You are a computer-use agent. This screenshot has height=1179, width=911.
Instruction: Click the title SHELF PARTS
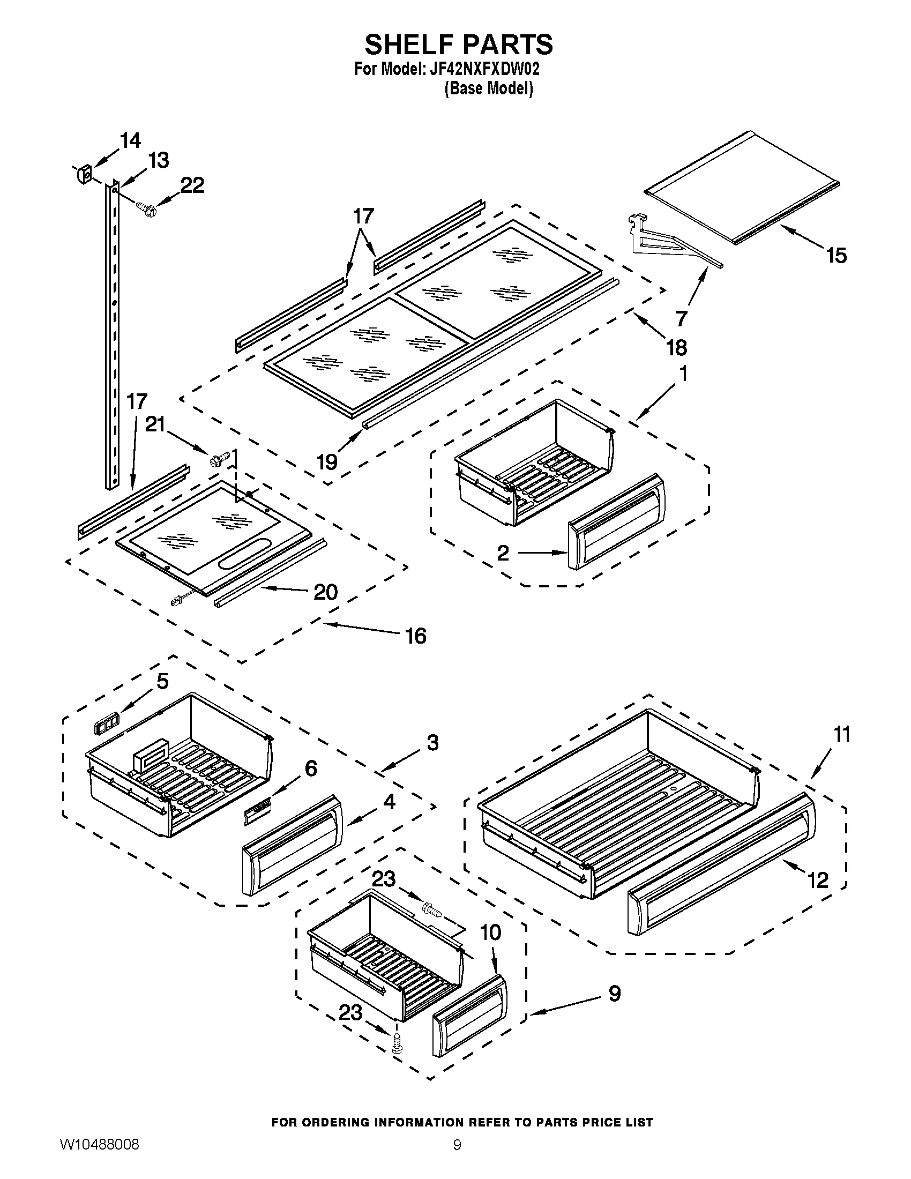pyautogui.click(x=458, y=44)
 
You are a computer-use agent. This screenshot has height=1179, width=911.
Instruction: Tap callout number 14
pyautogui.click(x=130, y=140)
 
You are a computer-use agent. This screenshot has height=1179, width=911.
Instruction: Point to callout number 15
pyautogui.click(x=836, y=255)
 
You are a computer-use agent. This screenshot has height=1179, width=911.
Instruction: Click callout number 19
pyautogui.click(x=327, y=462)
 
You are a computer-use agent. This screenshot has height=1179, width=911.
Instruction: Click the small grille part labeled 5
pyautogui.click(x=106, y=723)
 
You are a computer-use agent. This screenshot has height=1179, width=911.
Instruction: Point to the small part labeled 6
pyautogui.click(x=258, y=814)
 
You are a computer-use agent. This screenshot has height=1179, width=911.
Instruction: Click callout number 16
pyautogui.click(x=415, y=636)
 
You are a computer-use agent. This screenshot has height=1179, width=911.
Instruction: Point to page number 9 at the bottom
pyautogui.click(x=457, y=1158)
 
